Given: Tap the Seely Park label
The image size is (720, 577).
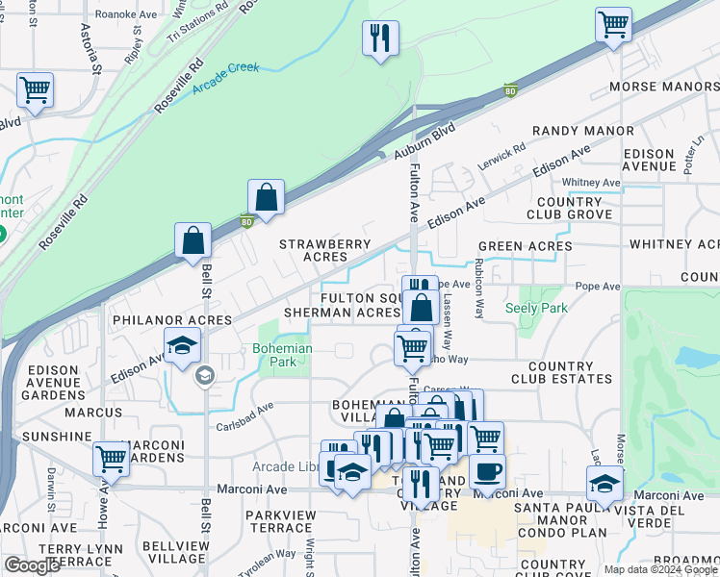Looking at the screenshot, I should [x=536, y=309].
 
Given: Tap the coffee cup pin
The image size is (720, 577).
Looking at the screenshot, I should [x=487, y=470].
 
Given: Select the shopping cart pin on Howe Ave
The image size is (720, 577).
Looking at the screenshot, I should [x=112, y=460].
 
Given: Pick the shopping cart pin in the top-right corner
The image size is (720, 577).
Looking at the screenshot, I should [x=612, y=24].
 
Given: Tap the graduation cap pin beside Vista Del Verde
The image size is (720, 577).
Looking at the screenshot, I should [x=604, y=483].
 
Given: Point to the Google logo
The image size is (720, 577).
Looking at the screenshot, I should [x=33, y=565].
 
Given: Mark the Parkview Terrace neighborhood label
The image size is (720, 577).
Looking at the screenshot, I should [x=279, y=522].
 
